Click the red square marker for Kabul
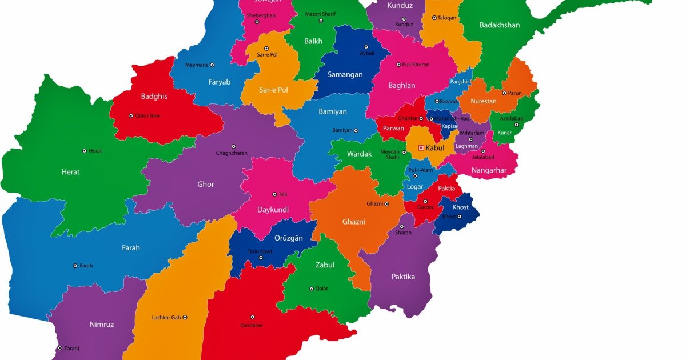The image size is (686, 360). tap(421, 147)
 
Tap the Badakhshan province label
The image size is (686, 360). tap(500, 25)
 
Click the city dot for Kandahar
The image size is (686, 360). tap(252, 317)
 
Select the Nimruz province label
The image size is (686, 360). tap(102, 325)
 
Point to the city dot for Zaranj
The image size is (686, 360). tap(59, 347)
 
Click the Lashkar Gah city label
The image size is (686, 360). tap(166, 317)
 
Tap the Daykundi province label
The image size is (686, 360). tap(273, 210)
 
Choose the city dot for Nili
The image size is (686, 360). tap(274, 194)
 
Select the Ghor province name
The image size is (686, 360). tap(206, 185)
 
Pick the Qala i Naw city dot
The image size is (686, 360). tap(131, 115)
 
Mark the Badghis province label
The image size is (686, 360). tap(154, 97)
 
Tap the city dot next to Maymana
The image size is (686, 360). tap(212, 65)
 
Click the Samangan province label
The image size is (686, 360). tap(345, 74)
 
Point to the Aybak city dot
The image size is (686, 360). tap(366, 47)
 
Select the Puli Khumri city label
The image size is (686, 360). tap(416, 65)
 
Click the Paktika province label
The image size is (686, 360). tap(403, 277)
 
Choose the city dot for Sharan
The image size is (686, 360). tap(401, 226)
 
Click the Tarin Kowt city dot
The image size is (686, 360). tap(261, 258)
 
